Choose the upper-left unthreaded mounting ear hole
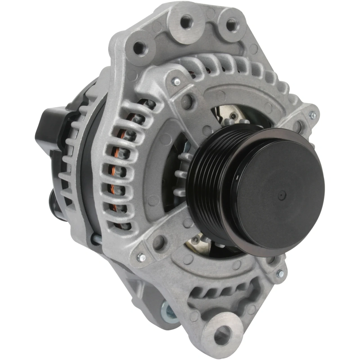click(x=139, y=46)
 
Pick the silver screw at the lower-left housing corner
click(x=141, y=257)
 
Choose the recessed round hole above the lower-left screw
click(x=159, y=241)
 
